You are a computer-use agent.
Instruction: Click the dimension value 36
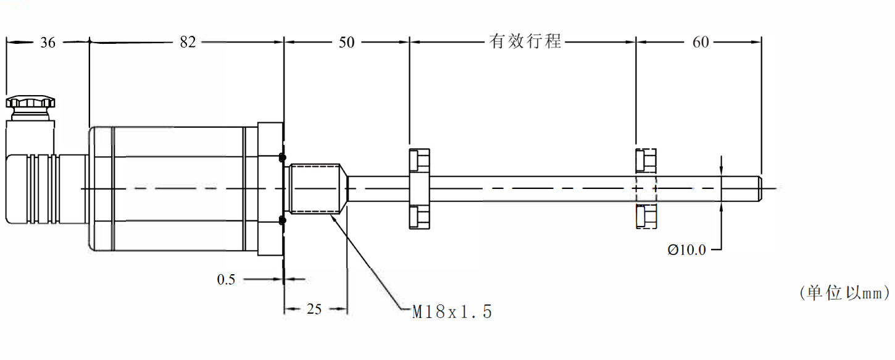coord(48,43)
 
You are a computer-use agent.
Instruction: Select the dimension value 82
coord(188,42)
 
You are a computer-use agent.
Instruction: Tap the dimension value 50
coord(347,42)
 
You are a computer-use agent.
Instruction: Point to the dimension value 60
coord(700,42)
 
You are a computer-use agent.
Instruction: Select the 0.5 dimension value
coord(227,280)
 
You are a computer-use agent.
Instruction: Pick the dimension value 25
coord(314,309)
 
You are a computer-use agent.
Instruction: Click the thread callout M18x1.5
coord(452,312)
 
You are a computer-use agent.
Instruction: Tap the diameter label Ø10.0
coord(686,250)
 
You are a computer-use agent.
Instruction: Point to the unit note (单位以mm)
coord(843,293)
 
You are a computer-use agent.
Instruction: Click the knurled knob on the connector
coord(30,102)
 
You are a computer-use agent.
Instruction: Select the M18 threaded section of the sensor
coord(315,188)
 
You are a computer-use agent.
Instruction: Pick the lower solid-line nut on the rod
coord(419,216)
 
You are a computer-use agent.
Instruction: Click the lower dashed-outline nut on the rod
coord(646,216)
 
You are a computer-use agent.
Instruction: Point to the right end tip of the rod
coord(759,188)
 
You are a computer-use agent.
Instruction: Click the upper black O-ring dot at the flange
coord(282,156)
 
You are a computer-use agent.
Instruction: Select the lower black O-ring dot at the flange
coord(282,220)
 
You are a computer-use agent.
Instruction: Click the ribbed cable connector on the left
coord(43,188)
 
